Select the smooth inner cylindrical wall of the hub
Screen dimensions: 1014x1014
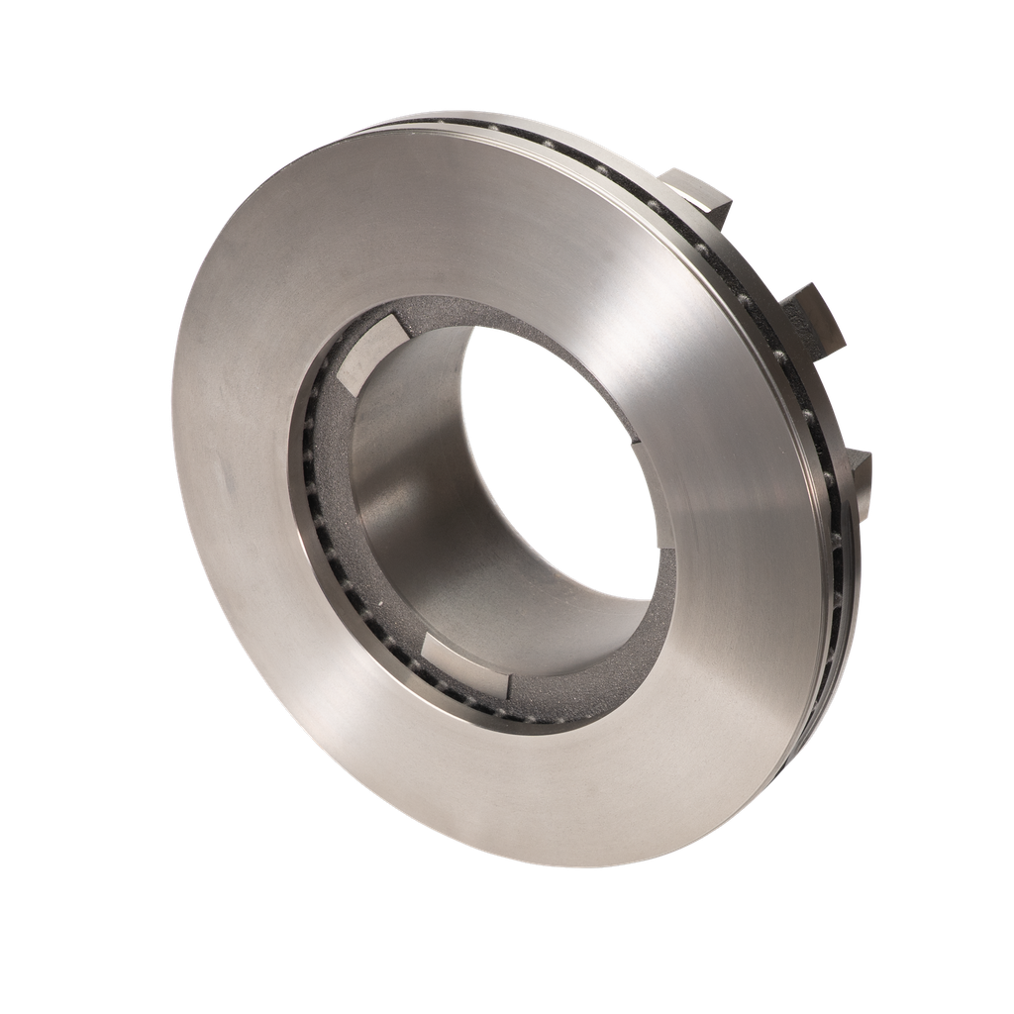pos(416,495)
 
